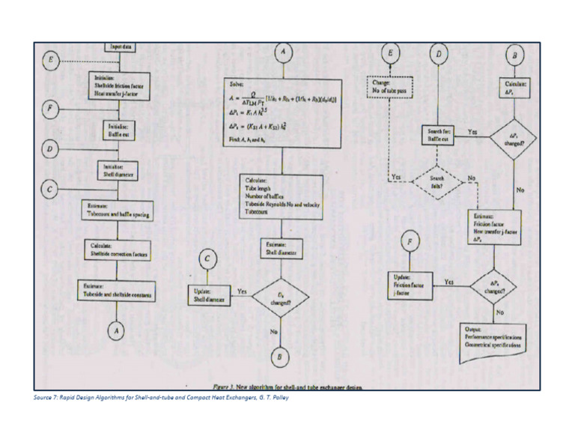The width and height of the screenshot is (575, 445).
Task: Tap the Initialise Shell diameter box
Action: [118, 172]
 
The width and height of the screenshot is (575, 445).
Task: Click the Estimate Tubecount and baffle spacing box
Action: [118, 211]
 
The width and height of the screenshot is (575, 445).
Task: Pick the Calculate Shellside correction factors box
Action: [118, 251]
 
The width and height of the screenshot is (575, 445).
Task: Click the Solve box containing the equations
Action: [282, 115]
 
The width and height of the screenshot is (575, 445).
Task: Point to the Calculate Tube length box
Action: [282, 197]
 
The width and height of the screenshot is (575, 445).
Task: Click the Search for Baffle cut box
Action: [437, 136]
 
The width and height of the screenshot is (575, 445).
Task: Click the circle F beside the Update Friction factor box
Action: [410, 243]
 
